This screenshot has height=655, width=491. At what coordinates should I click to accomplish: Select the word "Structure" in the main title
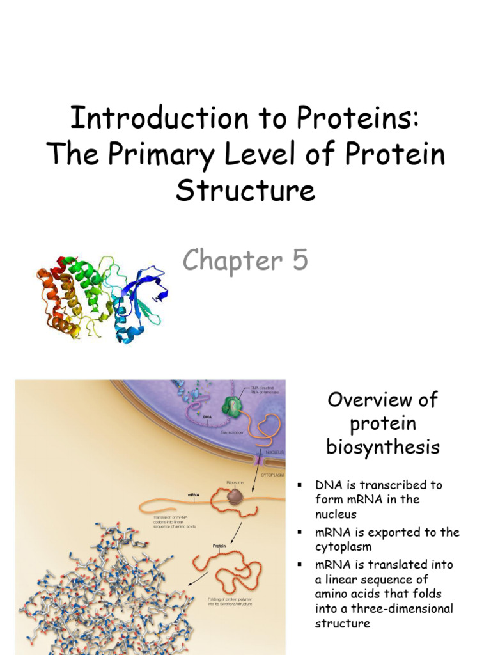coord(245,190)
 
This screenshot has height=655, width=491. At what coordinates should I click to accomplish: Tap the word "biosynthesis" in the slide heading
coord(383,446)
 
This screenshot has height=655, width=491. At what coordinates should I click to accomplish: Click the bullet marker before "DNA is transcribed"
coord(298,485)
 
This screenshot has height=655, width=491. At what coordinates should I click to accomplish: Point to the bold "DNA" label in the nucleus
coord(207,416)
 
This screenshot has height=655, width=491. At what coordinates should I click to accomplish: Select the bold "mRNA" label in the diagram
coord(194,494)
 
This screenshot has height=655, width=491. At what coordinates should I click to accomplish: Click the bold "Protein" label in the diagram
coord(219,546)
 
